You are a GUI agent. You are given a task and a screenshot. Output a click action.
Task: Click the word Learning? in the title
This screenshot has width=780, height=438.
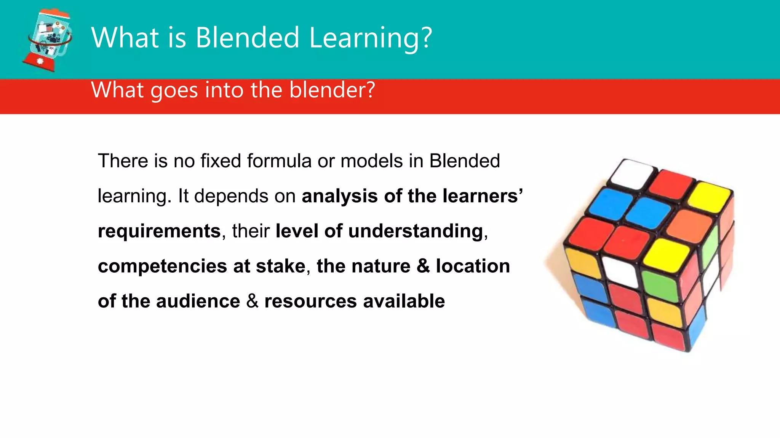pyautogui.click(x=371, y=38)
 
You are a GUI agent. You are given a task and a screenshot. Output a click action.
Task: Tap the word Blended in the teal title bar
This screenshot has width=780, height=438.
pyautogui.click(x=248, y=38)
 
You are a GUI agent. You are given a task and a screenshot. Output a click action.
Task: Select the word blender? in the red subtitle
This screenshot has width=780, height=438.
pyautogui.click(x=332, y=90)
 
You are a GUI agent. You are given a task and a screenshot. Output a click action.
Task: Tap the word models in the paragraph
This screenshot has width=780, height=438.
pyautogui.click(x=372, y=161)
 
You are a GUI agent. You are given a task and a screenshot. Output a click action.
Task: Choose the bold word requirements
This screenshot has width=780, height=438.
pyautogui.click(x=159, y=231)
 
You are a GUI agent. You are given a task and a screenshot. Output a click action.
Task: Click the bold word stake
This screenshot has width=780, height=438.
pyautogui.click(x=281, y=266)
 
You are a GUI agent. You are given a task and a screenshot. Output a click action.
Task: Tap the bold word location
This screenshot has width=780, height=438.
pyautogui.click(x=473, y=266)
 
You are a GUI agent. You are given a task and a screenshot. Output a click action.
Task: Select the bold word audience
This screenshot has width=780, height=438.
pyautogui.click(x=198, y=301)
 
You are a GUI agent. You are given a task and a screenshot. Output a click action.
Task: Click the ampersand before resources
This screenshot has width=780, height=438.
pyautogui.click(x=252, y=301)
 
